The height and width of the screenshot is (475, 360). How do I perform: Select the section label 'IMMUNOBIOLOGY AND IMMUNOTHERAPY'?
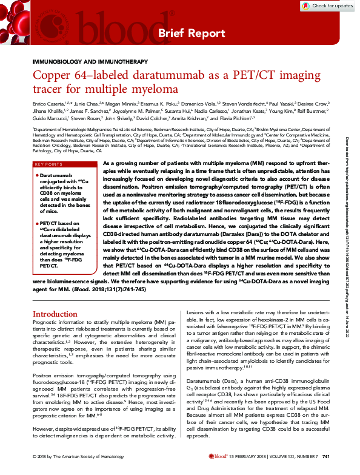(88, 62)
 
